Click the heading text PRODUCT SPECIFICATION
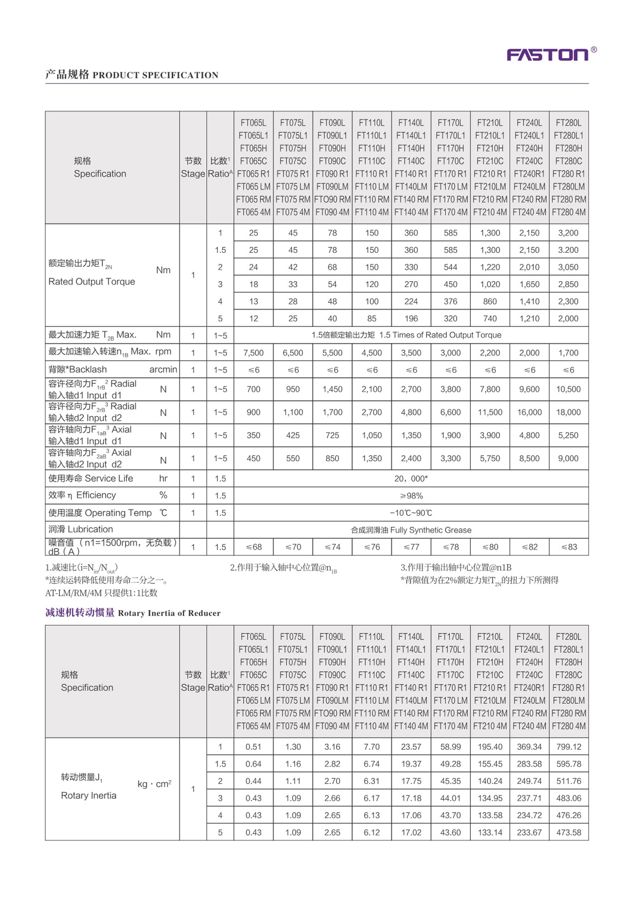(x=155, y=75)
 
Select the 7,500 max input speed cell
(x=254, y=353)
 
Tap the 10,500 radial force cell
(x=568, y=390)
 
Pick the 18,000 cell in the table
(x=568, y=412)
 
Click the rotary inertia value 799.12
(x=569, y=747)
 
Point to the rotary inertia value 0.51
(x=254, y=747)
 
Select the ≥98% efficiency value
(x=411, y=496)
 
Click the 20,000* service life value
(x=411, y=479)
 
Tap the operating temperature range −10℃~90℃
(x=411, y=513)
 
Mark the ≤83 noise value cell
(x=569, y=547)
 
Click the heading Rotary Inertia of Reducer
(x=169, y=613)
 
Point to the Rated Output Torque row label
(x=92, y=282)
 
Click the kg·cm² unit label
(x=154, y=784)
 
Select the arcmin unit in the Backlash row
(x=163, y=370)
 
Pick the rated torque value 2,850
(x=568, y=284)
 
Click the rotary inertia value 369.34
(x=529, y=747)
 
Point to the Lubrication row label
(x=81, y=529)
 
